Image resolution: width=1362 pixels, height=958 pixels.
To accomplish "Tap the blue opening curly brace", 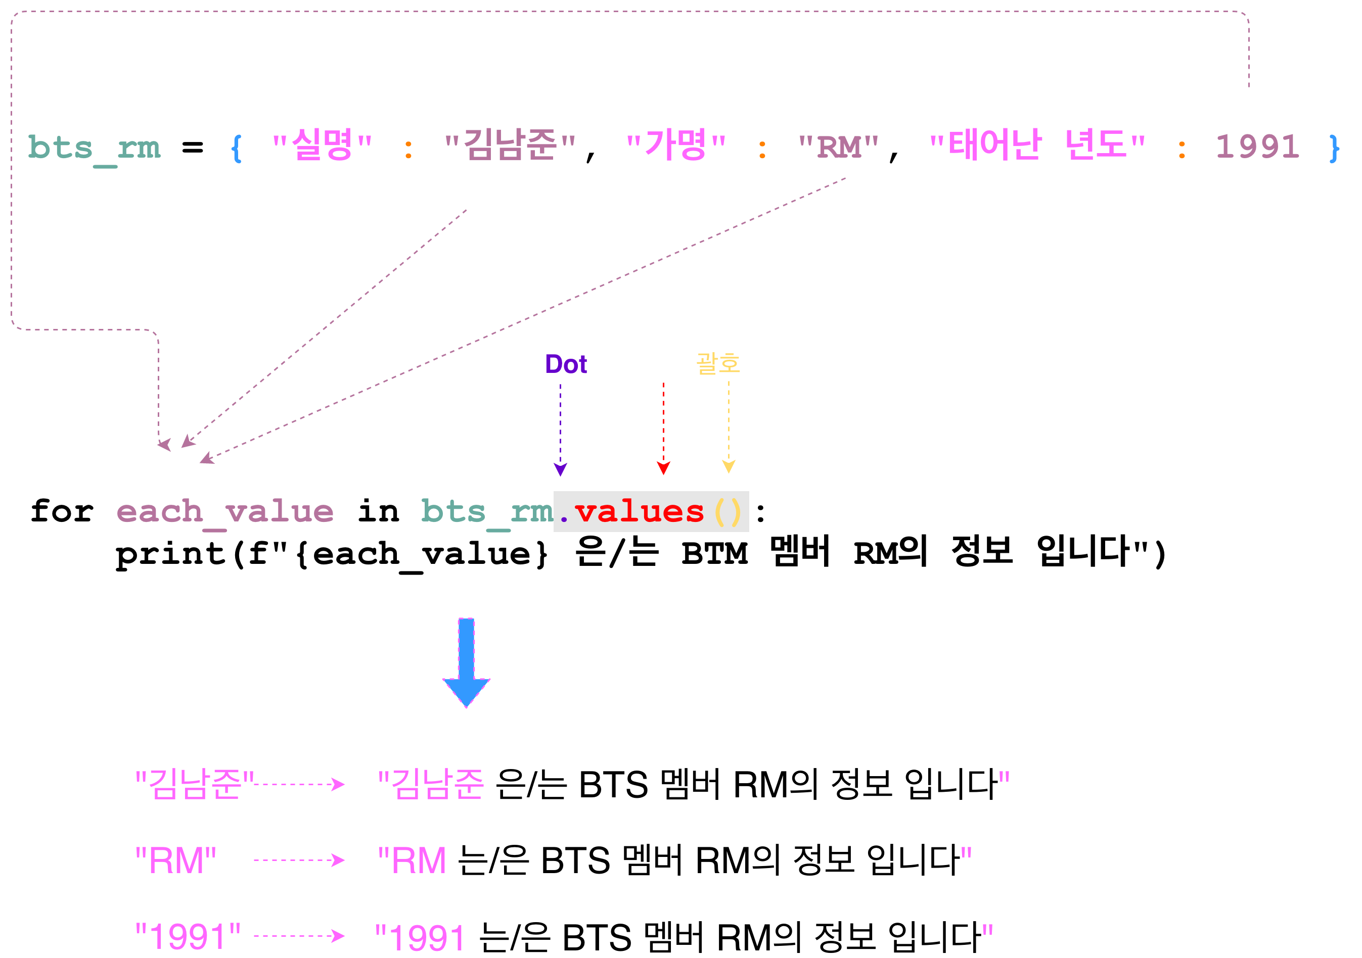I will pyautogui.click(x=236, y=148).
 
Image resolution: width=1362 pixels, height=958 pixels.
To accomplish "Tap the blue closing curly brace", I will pyautogui.click(x=1334, y=148).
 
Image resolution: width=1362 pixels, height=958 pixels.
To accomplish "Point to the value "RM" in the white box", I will pyautogui.click(x=838, y=147).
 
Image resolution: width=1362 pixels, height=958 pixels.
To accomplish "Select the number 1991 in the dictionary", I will pyautogui.click(x=1257, y=147).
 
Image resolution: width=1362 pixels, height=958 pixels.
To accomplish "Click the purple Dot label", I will pyautogui.click(x=565, y=364).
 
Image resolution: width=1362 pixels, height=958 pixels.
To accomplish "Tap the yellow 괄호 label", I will pyautogui.click(x=718, y=363).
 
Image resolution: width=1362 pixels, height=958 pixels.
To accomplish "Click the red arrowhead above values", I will pyautogui.click(x=663, y=468).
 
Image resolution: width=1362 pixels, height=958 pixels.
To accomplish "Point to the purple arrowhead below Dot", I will pyautogui.click(x=560, y=469).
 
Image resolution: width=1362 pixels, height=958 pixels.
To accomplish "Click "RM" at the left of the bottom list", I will pyautogui.click(x=175, y=860).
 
